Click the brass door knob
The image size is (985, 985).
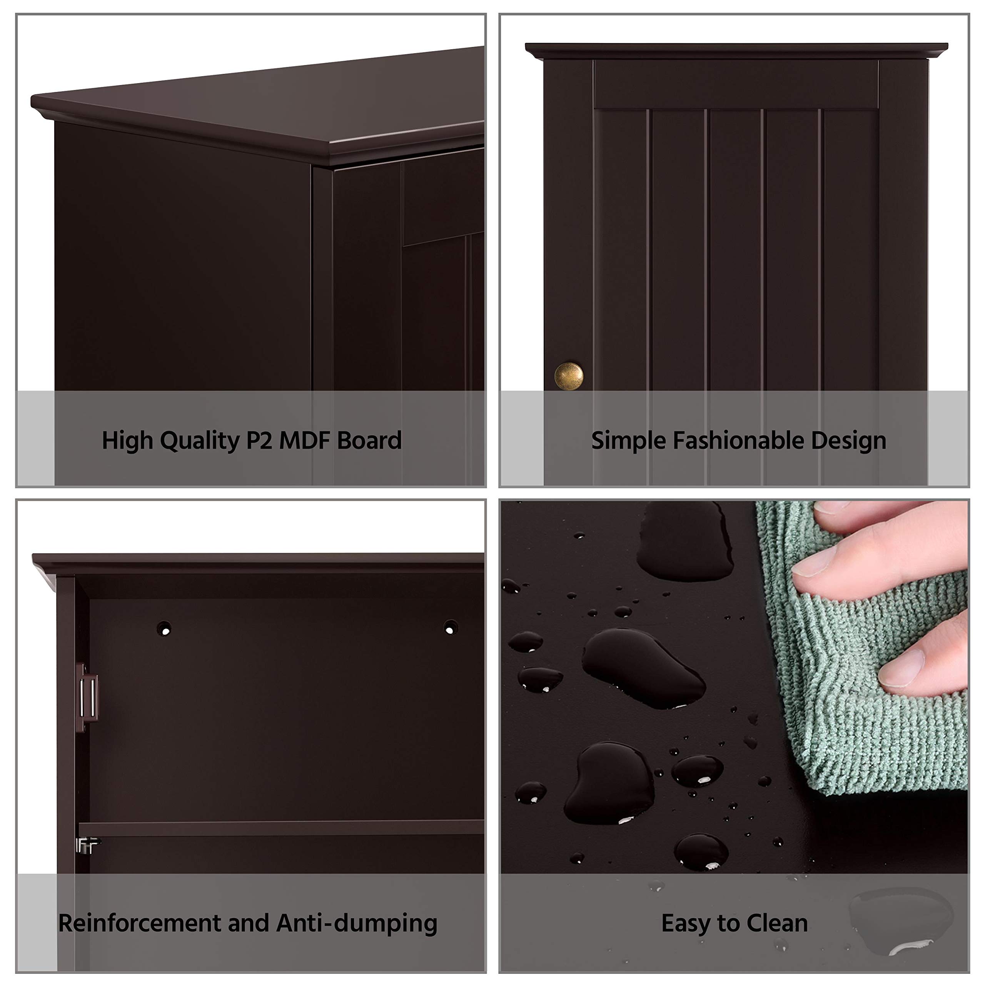pos(568,376)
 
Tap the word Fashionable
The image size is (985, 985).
pos(738,440)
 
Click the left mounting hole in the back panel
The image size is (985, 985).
pos(164,629)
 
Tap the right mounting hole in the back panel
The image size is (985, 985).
pos(450,627)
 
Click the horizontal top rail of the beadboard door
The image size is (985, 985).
pos(736,84)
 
